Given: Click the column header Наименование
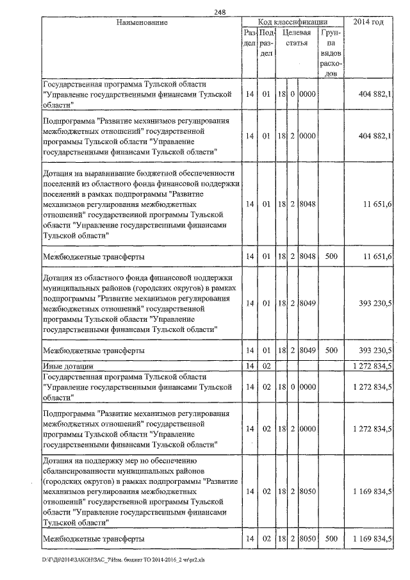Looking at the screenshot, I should coord(142,22).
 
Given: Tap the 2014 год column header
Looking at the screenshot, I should coord(368,22).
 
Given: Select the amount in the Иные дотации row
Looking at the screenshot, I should coord(372,365).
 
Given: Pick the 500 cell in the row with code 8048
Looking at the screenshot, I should coord(331,256).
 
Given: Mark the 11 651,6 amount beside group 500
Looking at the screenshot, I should coord(376,256).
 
